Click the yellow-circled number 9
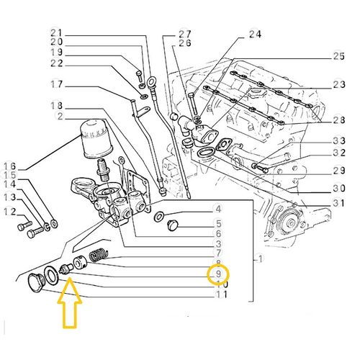[x=217, y=274]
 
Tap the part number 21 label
[x=57, y=32]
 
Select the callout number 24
[x=256, y=33]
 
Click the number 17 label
[x=57, y=85]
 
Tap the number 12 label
[x=9, y=211]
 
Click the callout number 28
[x=339, y=119]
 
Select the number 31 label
[x=339, y=202]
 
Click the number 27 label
[x=185, y=33]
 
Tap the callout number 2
[x=60, y=117]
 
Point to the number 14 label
[x=10, y=185]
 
